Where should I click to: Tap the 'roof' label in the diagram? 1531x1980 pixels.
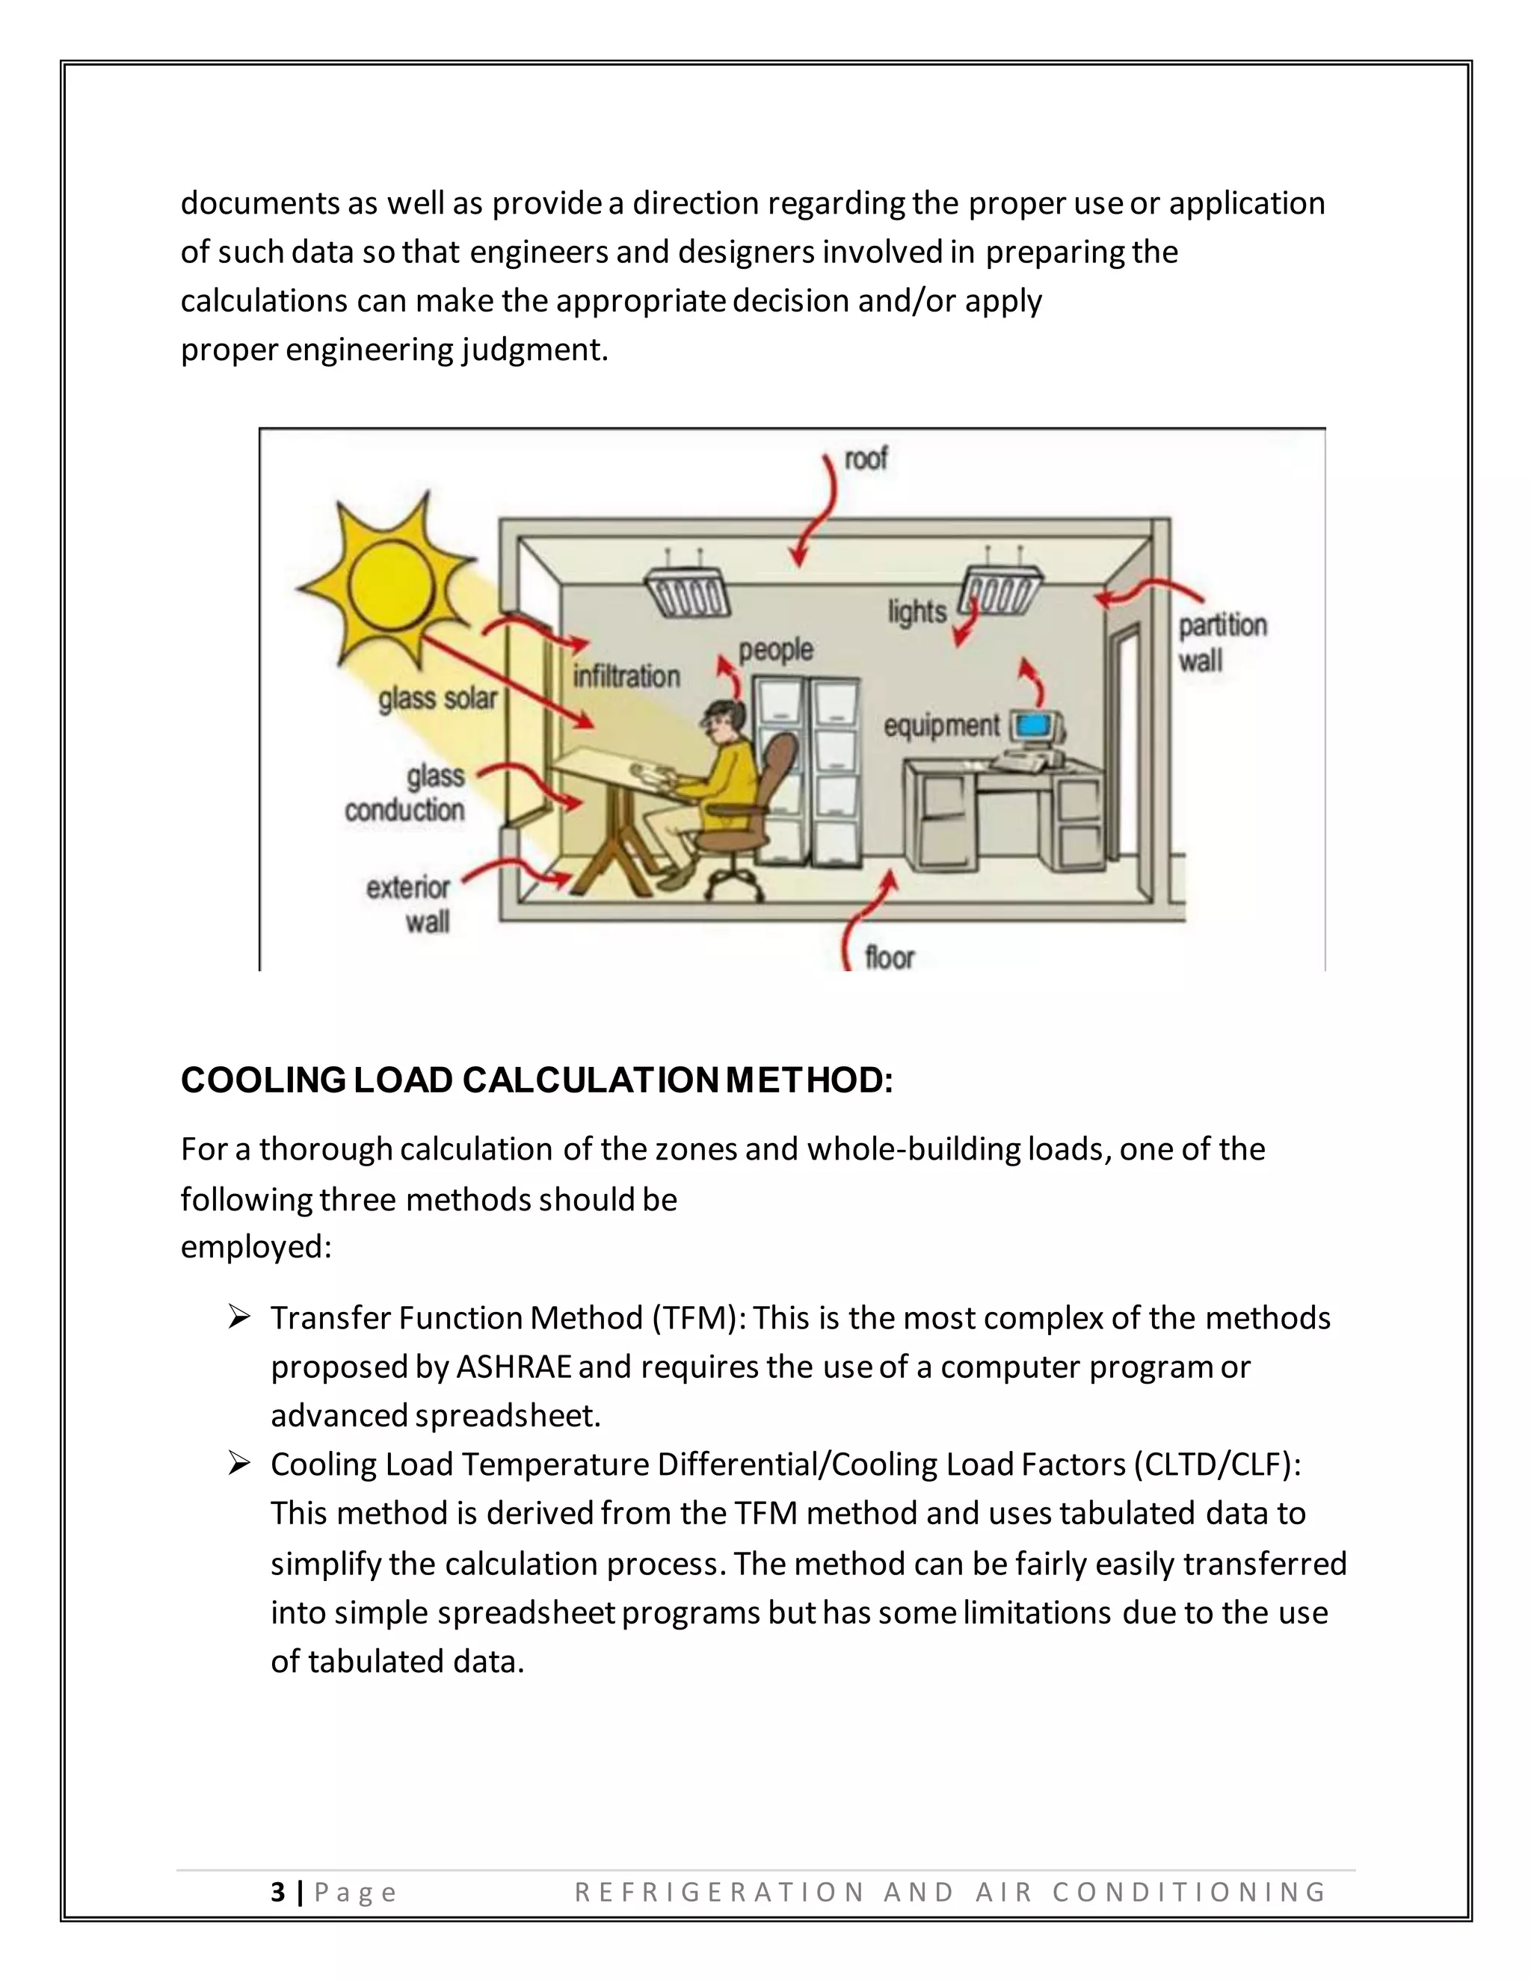(866, 459)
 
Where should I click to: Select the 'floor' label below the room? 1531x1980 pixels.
(889, 957)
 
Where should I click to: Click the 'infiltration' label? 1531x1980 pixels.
(626, 675)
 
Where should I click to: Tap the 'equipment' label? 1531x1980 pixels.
(941, 726)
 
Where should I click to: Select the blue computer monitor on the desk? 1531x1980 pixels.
(1034, 726)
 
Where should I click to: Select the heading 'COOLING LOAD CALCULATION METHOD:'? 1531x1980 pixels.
(537, 1080)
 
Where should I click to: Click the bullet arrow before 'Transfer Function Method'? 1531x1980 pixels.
(239, 1317)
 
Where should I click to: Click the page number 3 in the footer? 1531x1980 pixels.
(277, 1892)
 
